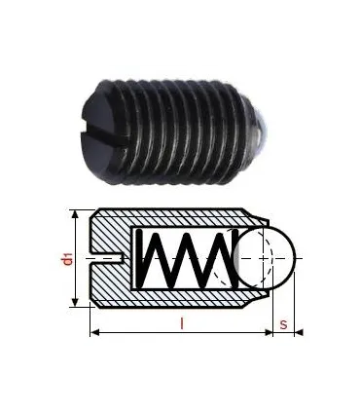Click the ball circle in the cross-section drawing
[268, 257]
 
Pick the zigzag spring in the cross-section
[185, 258]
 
